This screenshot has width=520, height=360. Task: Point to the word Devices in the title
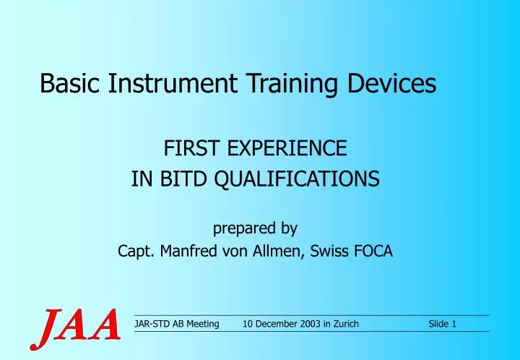point(390,85)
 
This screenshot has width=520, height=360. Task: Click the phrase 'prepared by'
point(255,228)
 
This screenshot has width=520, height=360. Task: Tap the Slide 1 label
point(442,324)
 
